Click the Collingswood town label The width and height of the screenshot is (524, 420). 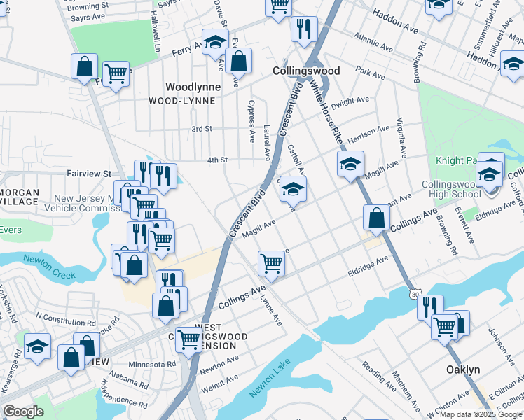coord(305,71)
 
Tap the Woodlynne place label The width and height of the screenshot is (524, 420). coord(193,87)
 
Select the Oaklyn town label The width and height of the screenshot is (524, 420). coord(464,369)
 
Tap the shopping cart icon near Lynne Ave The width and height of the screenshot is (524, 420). coord(271,263)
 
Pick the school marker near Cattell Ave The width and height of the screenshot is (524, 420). coord(293,188)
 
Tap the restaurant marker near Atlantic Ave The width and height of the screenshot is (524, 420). coord(304,29)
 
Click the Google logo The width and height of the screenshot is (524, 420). coord(23,412)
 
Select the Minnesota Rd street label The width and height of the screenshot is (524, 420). coord(152,365)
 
